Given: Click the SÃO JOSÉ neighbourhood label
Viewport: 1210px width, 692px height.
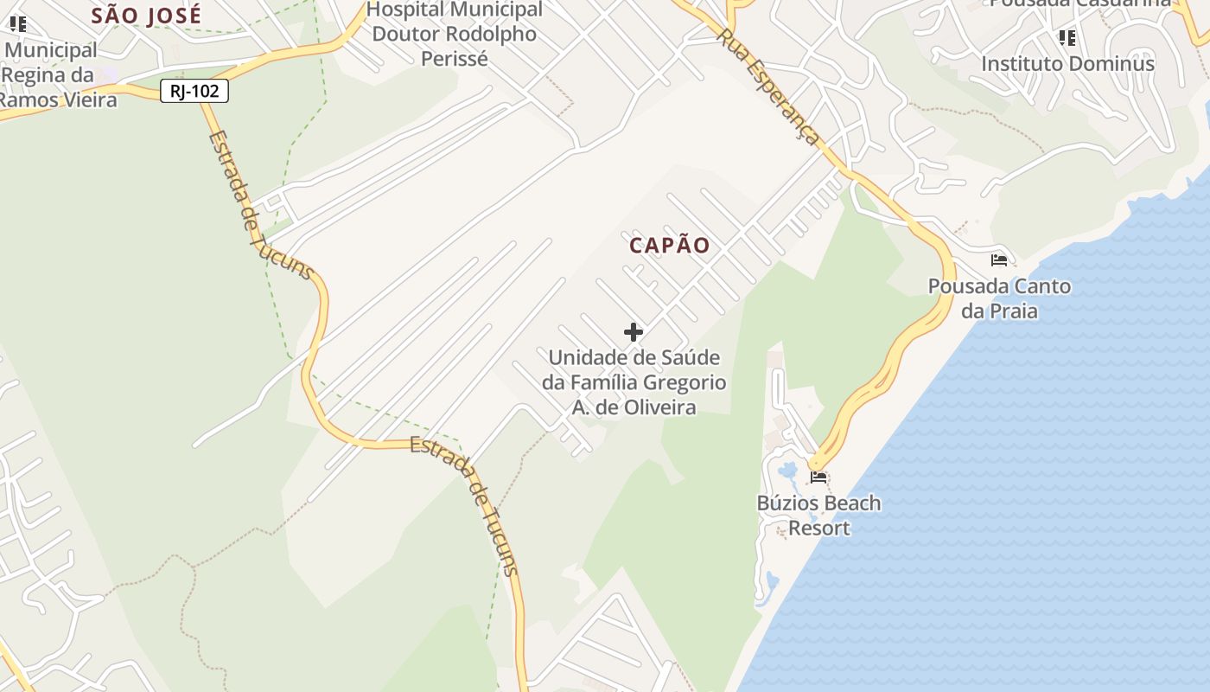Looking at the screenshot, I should coord(146,15).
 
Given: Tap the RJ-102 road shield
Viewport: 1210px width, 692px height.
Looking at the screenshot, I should coord(194,91).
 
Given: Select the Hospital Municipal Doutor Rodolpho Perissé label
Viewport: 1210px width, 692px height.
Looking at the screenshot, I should coord(455,35).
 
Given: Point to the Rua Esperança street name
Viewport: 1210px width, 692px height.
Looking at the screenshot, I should coord(768,87).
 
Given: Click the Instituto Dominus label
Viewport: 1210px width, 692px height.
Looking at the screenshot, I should coord(1067,64).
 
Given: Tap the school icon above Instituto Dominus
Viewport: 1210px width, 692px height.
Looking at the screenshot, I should coord(1067,38).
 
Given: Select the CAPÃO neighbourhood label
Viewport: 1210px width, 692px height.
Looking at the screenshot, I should coord(670,246).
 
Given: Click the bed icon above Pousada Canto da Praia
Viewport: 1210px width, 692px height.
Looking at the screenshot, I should coord(999,260).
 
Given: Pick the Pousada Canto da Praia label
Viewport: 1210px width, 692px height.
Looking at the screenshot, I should coord(999,298).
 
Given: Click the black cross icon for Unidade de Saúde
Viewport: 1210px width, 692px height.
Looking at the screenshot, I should coord(634,332).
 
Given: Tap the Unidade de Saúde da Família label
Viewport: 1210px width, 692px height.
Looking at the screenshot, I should coord(634,381).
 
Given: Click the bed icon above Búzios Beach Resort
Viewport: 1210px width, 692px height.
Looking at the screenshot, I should coord(818,477).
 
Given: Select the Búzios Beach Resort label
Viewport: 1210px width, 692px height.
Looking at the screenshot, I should coord(818,516).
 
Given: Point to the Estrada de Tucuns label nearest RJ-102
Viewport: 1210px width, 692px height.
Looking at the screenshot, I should coord(259,206).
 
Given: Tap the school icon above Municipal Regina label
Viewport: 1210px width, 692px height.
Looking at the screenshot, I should coord(17,24).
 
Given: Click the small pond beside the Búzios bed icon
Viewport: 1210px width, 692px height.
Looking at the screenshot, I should coord(788,471).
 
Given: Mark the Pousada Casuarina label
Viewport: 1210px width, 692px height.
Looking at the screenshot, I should coord(1080,3).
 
